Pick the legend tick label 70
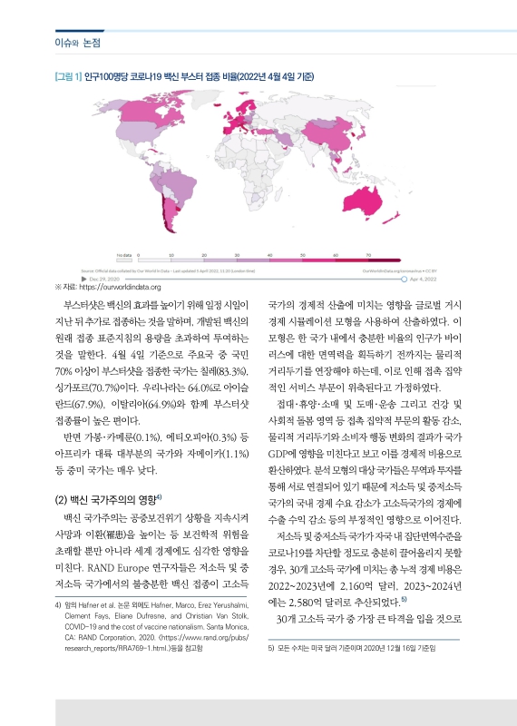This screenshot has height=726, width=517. coord(367,256)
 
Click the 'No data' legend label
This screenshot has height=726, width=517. coord(123,256)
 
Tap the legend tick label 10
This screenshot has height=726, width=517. coord(171,256)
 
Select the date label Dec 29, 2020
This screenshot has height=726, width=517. coord(111,280)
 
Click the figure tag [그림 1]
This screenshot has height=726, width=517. coord(69,74)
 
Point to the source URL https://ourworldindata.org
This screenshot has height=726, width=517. coord(114,288)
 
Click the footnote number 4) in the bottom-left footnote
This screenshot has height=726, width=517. coord(58,603)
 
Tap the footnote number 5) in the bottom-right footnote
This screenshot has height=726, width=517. coord(272,650)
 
